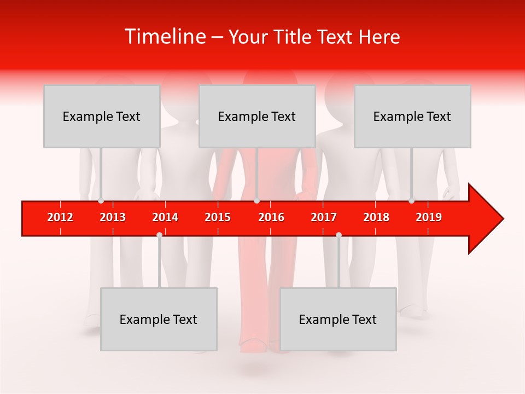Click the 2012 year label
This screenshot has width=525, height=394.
[60, 217]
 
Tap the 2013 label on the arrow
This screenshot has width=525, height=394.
[113, 217]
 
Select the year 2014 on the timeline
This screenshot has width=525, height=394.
[165, 217]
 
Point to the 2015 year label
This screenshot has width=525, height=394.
[218, 217]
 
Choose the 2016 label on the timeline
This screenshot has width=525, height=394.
[271, 217]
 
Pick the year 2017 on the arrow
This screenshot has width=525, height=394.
[324, 217]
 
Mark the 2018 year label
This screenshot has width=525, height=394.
[376, 217]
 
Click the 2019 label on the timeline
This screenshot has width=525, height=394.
[429, 217]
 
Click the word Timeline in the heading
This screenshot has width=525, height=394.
[165, 37]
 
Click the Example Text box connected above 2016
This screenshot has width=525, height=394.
[257, 116]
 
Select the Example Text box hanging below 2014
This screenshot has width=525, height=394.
[159, 319]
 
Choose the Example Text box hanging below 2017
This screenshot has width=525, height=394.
[338, 319]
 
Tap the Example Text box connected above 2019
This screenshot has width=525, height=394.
[412, 116]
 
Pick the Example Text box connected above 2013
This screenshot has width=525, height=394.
[102, 116]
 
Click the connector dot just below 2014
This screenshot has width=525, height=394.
[159, 235]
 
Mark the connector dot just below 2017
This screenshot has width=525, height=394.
[339, 235]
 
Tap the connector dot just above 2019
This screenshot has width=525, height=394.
[412, 200]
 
